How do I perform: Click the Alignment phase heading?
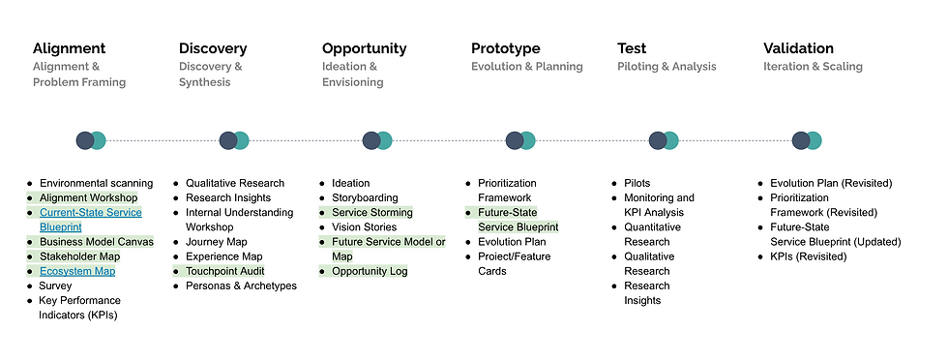(69, 48)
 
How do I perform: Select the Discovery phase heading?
(213, 48)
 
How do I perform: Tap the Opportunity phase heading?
(364, 48)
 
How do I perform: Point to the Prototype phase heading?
(505, 48)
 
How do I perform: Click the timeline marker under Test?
(664, 140)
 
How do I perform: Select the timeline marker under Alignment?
(91, 140)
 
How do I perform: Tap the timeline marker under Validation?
(806, 140)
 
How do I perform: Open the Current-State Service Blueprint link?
(90, 220)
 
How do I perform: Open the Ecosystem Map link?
(77, 271)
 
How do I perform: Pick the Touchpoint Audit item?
(224, 271)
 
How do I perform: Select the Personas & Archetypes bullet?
(241, 285)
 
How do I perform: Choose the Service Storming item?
(371, 212)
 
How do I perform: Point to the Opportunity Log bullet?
(370, 271)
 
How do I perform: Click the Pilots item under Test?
(637, 183)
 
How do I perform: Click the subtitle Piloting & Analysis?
(667, 67)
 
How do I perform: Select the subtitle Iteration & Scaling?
(813, 67)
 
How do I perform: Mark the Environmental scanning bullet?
(96, 183)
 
